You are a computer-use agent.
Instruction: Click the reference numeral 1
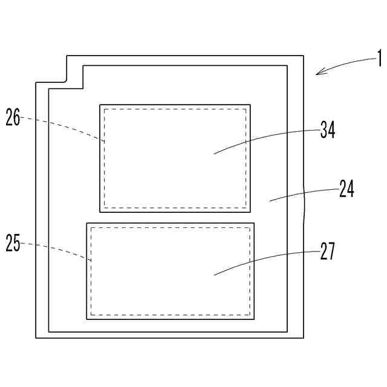pyautogui.click(x=379, y=59)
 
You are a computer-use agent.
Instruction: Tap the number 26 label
pyautogui.click(x=13, y=117)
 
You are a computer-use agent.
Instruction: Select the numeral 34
pyautogui.click(x=328, y=131)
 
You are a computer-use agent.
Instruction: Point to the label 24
pyautogui.click(x=346, y=190)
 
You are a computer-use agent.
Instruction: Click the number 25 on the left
pyautogui.click(x=13, y=244)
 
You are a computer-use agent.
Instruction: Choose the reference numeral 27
pyautogui.click(x=327, y=251)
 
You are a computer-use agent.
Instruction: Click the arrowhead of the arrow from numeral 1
pyautogui.click(x=317, y=74)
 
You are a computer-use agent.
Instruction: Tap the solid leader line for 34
pyautogui.click(x=266, y=140)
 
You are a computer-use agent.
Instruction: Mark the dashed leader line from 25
pyautogui.click(x=57, y=249)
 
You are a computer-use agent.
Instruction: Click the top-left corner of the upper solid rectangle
pyautogui.click(x=100, y=105)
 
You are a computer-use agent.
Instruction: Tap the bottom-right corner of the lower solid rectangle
pyautogui.click(x=254, y=319)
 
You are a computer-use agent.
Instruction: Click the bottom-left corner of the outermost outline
pyautogui.click(x=36, y=337)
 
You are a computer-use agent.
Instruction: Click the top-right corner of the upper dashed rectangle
pyautogui.click(x=247, y=109)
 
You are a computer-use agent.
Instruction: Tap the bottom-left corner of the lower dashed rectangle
pyautogui.click(x=91, y=314)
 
